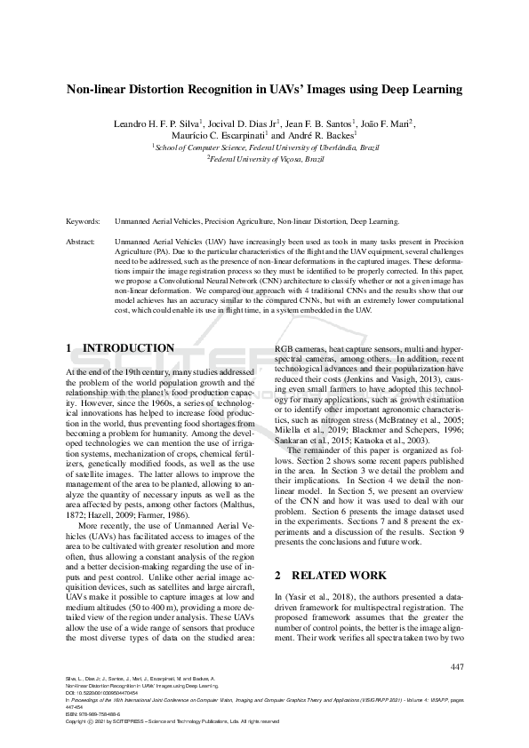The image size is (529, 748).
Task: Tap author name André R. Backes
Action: tap(326, 135)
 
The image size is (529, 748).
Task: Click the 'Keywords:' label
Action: tap(84, 221)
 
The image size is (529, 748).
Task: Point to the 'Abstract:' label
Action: tap(82, 241)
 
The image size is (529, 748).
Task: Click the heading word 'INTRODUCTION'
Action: tap(129, 348)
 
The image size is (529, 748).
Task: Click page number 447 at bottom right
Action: tap(457, 666)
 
